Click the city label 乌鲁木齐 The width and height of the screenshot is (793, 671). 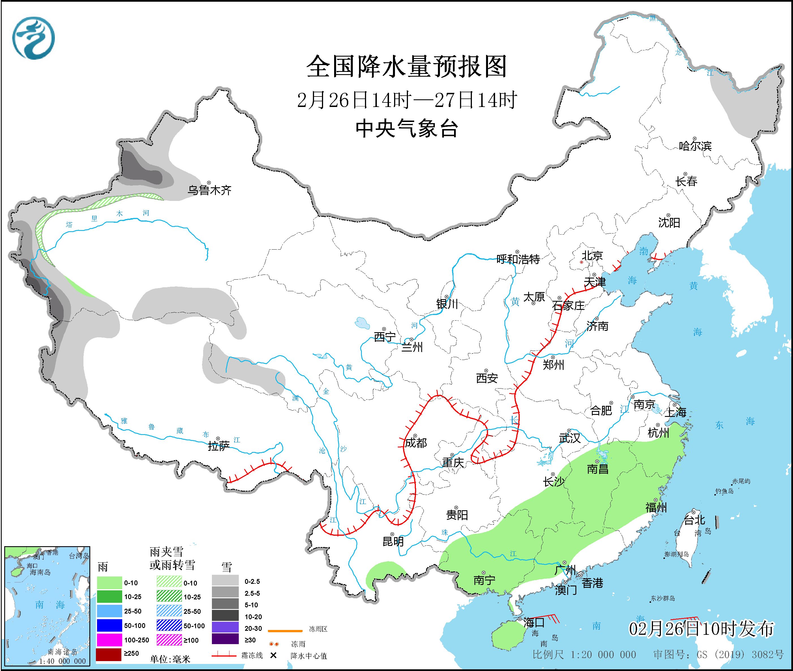coord(209,190)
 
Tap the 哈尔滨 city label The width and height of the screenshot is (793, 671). coord(695,146)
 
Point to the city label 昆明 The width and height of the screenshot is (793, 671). coord(393,541)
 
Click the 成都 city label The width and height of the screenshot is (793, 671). coord(416,443)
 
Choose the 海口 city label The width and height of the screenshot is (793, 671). coord(534,623)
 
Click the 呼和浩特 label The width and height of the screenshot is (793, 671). coord(518,260)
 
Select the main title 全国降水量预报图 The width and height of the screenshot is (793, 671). coord(407,67)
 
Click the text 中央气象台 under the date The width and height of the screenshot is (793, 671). coord(407,128)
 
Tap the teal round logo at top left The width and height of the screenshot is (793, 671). coord(33,38)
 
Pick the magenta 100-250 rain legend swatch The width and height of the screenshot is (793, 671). coord(109,640)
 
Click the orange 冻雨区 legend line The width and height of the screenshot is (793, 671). coord(285,631)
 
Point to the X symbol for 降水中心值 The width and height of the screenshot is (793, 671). coord(273,655)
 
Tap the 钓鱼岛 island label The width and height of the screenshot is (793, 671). coord(724,492)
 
